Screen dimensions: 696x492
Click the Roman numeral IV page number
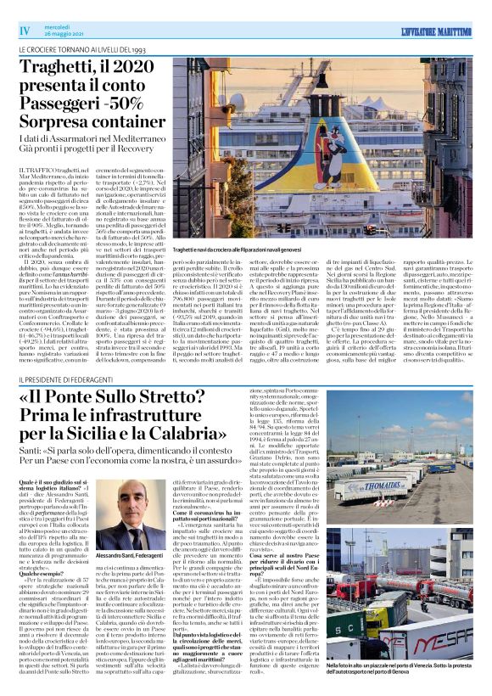tap(24, 31)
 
